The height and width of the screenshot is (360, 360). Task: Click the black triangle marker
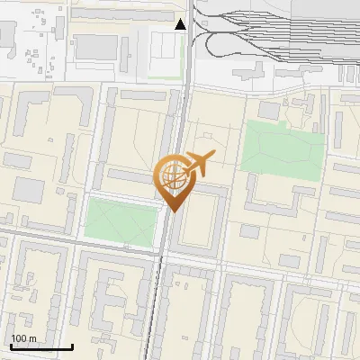[x=181, y=24]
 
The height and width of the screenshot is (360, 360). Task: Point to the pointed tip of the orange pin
[x=172, y=211]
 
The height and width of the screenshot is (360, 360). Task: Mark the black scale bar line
[x=41, y=346]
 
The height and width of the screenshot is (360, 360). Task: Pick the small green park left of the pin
[x=120, y=221]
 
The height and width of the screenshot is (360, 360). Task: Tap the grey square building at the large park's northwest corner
[x=269, y=109]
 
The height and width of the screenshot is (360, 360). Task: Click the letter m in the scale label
[x=32, y=338]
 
